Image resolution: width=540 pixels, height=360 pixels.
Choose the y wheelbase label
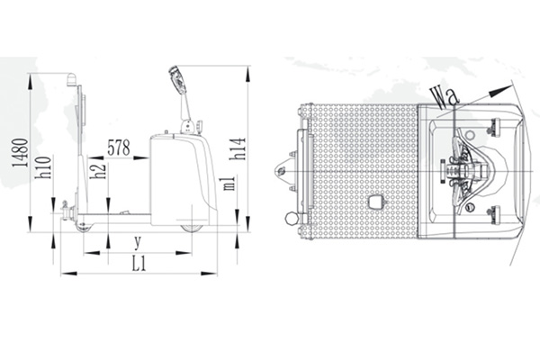(137, 241)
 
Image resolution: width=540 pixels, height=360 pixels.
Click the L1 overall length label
(139, 264)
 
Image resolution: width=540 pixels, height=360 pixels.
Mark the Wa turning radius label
(441, 94)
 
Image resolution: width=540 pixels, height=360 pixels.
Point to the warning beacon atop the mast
(71, 80)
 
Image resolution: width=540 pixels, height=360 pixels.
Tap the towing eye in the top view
(280, 167)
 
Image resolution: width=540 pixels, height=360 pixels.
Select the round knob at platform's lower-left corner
(291, 219)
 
